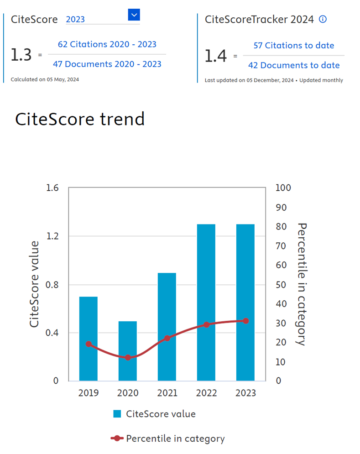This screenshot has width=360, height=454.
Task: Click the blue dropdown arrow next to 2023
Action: click(x=134, y=15)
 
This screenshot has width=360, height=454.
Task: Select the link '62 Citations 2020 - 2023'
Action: click(x=107, y=44)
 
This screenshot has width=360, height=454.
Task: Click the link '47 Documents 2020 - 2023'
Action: click(x=107, y=64)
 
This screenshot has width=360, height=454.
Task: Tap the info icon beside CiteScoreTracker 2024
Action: click(x=323, y=19)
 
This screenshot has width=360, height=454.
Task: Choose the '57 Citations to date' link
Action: click(x=294, y=45)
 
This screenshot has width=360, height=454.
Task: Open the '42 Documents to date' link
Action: click(x=294, y=65)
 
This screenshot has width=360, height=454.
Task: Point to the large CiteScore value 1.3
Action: click(x=21, y=55)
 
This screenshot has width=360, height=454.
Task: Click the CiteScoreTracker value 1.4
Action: click(x=215, y=56)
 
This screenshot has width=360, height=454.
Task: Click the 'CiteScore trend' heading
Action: click(x=80, y=119)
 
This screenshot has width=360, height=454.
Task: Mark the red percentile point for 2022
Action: click(x=206, y=324)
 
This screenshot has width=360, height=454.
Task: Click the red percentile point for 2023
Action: click(x=245, y=321)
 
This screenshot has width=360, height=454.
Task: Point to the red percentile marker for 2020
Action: click(x=128, y=357)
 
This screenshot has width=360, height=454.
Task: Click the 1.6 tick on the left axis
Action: click(x=53, y=188)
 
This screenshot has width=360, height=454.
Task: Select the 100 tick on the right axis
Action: click(x=283, y=188)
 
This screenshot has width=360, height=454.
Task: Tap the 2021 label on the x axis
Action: click(x=167, y=393)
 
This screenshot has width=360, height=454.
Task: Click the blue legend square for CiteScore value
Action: click(x=117, y=414)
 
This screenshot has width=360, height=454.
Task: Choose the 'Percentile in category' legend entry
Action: click(x=175, y=438)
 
